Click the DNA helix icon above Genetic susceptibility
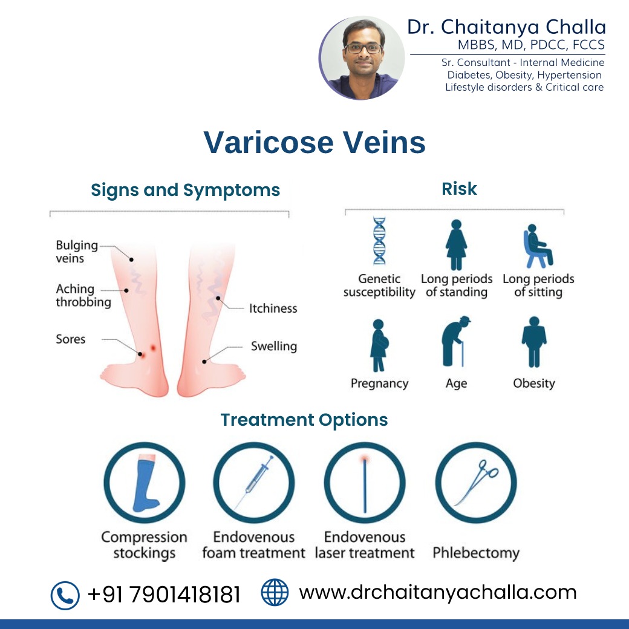[379, 241]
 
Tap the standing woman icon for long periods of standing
[456, 245]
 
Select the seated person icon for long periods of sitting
[538, 246]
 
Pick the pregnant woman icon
[379, 345]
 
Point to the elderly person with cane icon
[455, 341]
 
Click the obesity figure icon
[534, 342]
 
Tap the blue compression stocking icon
[145, 483]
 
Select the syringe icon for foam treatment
[254, 481]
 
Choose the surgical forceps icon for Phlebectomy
[477, 483]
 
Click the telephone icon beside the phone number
[65, 595]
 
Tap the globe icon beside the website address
[275, 592]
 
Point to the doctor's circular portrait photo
[362, 58]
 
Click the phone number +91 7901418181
[164, 595]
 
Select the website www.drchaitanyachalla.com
[438, 593]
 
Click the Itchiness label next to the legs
[273, 308]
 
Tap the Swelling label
[274, 346]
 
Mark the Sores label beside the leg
[71, 339]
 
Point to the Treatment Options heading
[304, 420]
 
